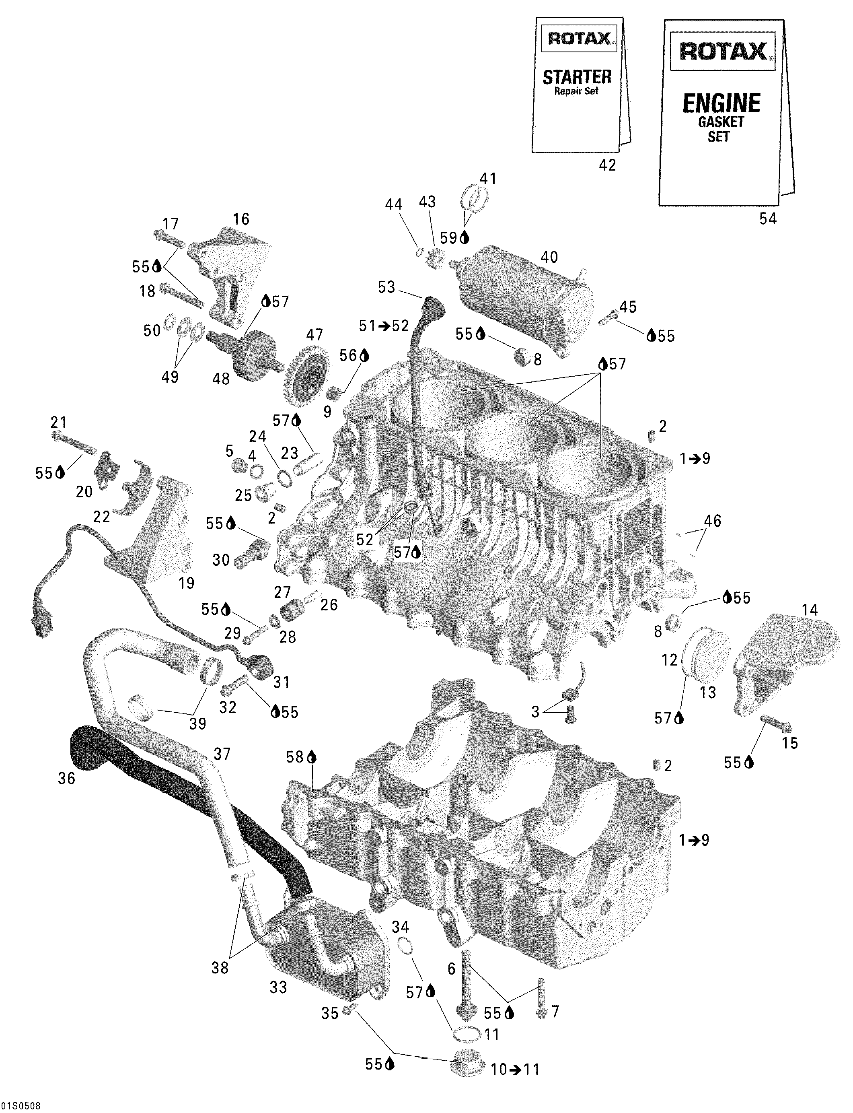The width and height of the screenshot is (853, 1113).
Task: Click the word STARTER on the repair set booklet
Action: point(577,77)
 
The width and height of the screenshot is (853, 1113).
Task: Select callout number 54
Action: point(768,218)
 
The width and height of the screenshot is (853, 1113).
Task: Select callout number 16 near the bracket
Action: point(241,219)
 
